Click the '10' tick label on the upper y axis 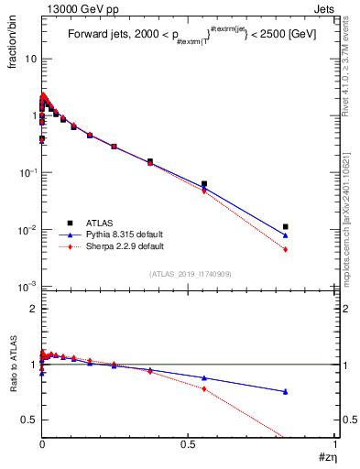pos(29,59)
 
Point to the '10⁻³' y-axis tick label pos(27,287)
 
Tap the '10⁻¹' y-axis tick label pos(27,173)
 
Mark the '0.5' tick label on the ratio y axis pos(30,420)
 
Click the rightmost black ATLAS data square pos(286,226)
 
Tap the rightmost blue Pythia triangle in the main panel pos(286,234)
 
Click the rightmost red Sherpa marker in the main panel pos(286,249)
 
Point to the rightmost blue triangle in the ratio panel pos(286,391)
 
